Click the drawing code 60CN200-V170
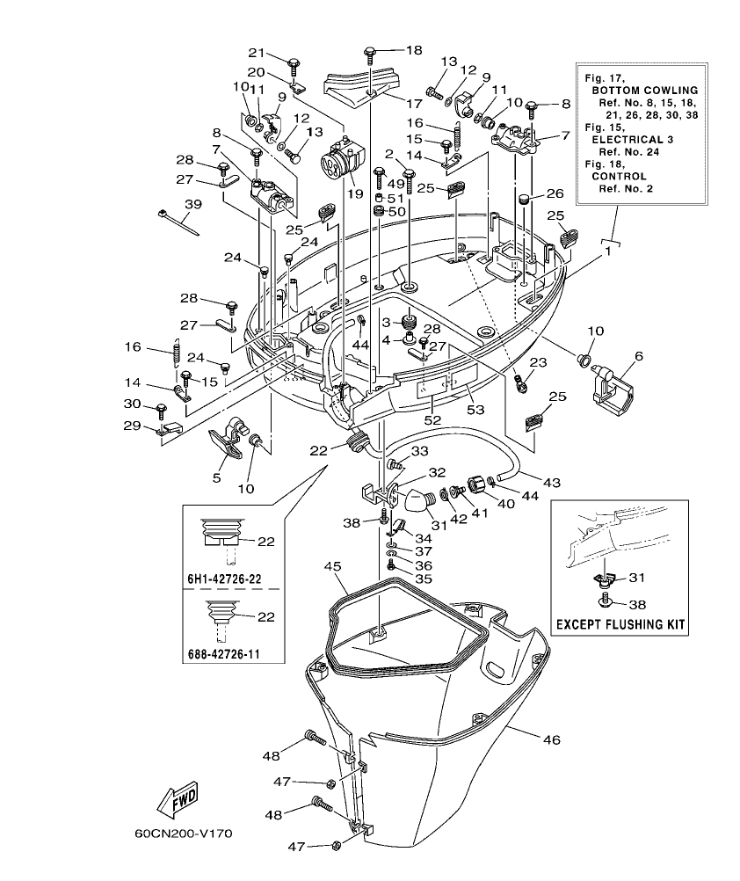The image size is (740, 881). click(183, 834)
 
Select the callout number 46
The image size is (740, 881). click(551, 739)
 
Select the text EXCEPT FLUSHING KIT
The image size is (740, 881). click(620, 626)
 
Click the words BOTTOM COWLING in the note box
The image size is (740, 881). click(645, 91)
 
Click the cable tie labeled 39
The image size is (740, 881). click(180, 223)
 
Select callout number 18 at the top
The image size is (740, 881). click(414, 50)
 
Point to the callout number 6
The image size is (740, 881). click(638, 355)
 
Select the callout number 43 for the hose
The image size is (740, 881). click(551, 483)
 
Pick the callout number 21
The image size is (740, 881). click(257, 51)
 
